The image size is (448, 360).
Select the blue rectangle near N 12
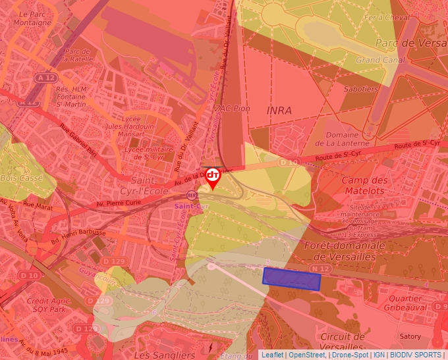pos(291,279)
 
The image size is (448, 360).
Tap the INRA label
pos(279,110)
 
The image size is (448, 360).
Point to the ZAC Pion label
pos(233,108)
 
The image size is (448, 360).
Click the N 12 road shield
pos(320,268)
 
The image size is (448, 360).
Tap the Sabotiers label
pos(361,89)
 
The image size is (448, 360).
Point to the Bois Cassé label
pos(22,178)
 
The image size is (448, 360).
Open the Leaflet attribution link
pos(272,355)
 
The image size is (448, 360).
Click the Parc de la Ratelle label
pos(77,55)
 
